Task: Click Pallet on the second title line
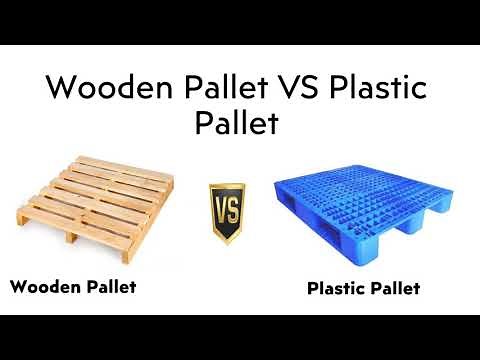[x=240, y=124]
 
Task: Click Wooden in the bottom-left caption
[x=44, y=287]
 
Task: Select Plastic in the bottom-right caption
[x=339, y=289]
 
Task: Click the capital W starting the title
[x=62, y=88]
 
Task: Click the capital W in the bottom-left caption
[x=18, y=287]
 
